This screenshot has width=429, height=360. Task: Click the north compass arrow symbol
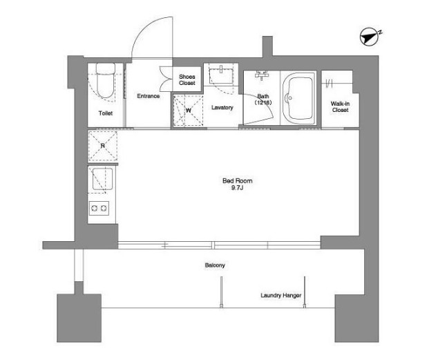[370, 37]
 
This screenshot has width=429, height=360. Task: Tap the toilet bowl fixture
[105, 80]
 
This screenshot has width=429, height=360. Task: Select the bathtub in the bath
[298, 99]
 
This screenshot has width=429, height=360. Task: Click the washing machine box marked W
[188, 111]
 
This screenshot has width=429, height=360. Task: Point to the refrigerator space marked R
[103, 146]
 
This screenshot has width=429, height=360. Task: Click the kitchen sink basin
[103, 179]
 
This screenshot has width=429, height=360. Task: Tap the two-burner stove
[99, 209]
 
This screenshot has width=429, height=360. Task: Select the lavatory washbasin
[221, 75]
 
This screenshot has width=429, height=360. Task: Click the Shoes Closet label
[187, 80]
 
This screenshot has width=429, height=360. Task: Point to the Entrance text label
[149, 96]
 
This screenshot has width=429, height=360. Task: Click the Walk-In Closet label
[340, 106]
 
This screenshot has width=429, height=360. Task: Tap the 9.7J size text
[237, 188]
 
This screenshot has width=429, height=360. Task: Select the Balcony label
[215, 265]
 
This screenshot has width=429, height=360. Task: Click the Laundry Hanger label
[280, 296]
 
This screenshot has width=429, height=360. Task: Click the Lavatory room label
[222, 108]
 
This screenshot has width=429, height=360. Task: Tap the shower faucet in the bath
[261, 75]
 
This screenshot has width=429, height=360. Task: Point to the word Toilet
[106, 113]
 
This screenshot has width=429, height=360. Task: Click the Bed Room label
[237, 181]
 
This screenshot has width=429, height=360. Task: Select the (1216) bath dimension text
[263, 102]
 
